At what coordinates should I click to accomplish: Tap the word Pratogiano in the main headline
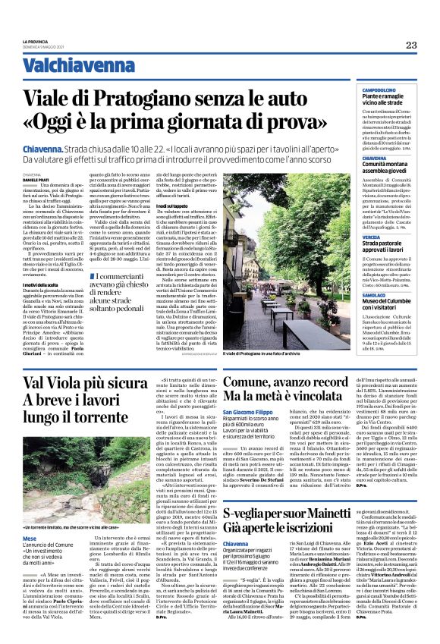[145, 97]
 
